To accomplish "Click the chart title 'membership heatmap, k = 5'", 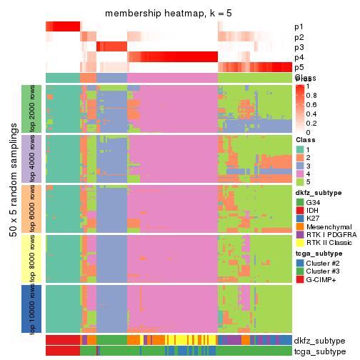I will [x=169, y=14].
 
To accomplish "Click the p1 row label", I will [x=299, y=27].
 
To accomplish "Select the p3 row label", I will [x=299, y=47].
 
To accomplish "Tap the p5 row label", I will [x=299, y=67].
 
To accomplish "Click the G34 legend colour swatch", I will [x=300, y=202].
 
